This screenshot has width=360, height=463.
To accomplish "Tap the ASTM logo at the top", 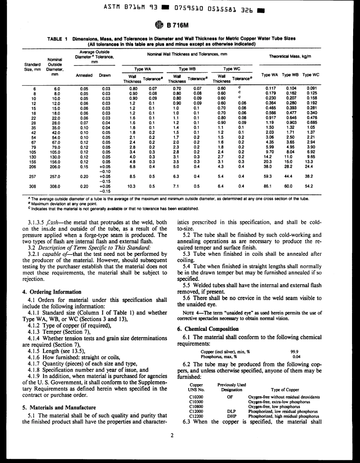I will coord(159,26).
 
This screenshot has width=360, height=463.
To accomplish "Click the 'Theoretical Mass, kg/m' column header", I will coord(290,56).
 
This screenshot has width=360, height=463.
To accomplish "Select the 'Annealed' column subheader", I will coord(84,75).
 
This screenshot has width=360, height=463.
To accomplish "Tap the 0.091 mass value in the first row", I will coord(311,88).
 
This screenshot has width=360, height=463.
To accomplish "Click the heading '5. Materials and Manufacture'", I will coord(58,407).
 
